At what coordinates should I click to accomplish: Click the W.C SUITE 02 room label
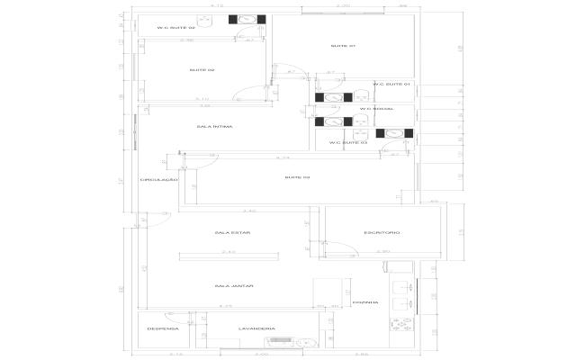coord(176,28)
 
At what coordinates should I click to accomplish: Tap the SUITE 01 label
coord(343,46)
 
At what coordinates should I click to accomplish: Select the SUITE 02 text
coord(202,69)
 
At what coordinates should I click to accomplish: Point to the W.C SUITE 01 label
coord(391,85)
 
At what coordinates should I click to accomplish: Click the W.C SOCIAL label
coord(372,110)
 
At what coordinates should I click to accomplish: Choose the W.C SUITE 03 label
coord(348,142)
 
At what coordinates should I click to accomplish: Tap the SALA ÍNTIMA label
coord(215,127)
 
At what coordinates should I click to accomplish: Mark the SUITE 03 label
coord(297,177)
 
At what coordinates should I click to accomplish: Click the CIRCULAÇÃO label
coord(158,181)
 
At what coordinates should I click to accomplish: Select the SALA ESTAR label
coord(232,232)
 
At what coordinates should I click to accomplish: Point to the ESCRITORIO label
coord(382,232)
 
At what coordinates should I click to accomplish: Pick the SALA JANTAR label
coord(233,285)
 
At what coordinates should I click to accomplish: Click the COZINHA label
coord(364,302)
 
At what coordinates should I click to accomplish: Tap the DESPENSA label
coord(163,328)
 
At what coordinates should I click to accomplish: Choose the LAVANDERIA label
coord(256,328)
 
